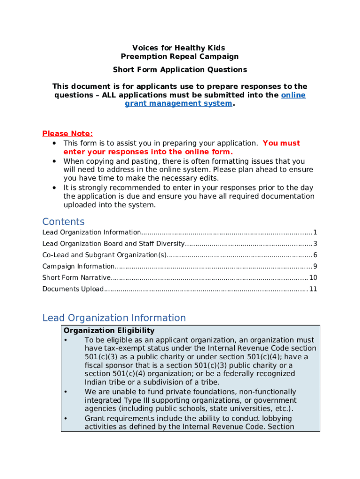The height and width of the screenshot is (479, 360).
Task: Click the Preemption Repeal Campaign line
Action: click(180, 57)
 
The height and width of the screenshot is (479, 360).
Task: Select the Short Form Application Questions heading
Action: click(180, 70)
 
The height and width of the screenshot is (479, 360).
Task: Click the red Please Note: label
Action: click(67, 134)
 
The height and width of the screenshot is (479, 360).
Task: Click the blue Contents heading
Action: click(63, 222)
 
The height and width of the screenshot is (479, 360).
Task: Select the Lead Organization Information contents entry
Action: click(92, 232)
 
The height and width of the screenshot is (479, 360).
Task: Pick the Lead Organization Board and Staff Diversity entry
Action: click(114, 244)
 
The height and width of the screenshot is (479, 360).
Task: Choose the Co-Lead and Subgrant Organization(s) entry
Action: click(104, 255)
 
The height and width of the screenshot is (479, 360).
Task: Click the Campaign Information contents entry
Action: click(78, 266)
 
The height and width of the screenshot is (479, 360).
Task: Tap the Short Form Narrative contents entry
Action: click(76, 277)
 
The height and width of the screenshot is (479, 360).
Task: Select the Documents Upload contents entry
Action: click(73, 289)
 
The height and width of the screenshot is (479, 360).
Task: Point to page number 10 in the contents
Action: click(313, 277)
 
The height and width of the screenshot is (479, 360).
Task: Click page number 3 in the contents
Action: click(316, 244)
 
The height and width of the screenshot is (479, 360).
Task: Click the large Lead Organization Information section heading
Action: click(114, 318)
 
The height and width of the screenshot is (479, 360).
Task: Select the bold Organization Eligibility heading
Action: click(108, 331)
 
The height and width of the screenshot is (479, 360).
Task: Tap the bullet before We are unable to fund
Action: click(66, 392)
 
